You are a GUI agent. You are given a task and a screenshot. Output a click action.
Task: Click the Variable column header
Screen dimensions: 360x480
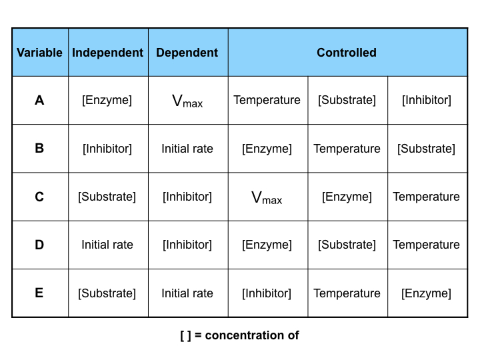coord(39,53)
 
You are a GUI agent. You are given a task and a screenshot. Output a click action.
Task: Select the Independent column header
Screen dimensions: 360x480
coord(107,53)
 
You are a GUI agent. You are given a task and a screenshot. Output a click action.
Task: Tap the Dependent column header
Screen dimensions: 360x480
coord(187,53)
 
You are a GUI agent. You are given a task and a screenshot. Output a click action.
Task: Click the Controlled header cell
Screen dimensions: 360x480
coord(347,53)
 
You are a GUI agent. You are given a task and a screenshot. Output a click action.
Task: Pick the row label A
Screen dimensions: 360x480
coord(39,101)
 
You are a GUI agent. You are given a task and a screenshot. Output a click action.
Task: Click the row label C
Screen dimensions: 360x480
coord(39,197)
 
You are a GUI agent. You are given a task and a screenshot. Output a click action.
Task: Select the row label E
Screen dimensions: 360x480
coord(39,293)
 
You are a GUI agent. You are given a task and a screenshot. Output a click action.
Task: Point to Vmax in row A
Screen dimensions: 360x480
coord(187,101)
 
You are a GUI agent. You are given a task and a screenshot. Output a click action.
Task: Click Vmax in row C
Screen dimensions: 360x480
coord(267,197)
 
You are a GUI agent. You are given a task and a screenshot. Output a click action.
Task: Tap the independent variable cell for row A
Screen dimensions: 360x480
coord(107,101)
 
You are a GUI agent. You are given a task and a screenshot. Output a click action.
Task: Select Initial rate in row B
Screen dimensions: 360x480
coord(187,149)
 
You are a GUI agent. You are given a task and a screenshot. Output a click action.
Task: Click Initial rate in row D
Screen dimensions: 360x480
coord(107,245)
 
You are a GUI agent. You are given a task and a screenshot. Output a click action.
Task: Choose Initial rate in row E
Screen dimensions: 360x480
coord(187,293)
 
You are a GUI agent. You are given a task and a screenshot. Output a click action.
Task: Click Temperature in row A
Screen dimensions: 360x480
coord(267,101)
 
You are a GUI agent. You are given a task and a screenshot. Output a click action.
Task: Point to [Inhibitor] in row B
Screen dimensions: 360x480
coord(107,149)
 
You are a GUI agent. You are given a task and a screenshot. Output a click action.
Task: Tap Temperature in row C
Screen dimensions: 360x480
coord(426,197)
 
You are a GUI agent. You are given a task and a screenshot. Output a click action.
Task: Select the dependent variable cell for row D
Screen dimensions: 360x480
coord(187,245)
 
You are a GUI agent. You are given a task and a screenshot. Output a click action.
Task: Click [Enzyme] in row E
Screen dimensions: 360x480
coord(426,293)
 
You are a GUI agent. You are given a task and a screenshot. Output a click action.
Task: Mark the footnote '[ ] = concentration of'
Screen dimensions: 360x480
coord(239,335)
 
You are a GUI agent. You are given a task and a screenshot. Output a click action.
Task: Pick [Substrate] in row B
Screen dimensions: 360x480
coord(426,149)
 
